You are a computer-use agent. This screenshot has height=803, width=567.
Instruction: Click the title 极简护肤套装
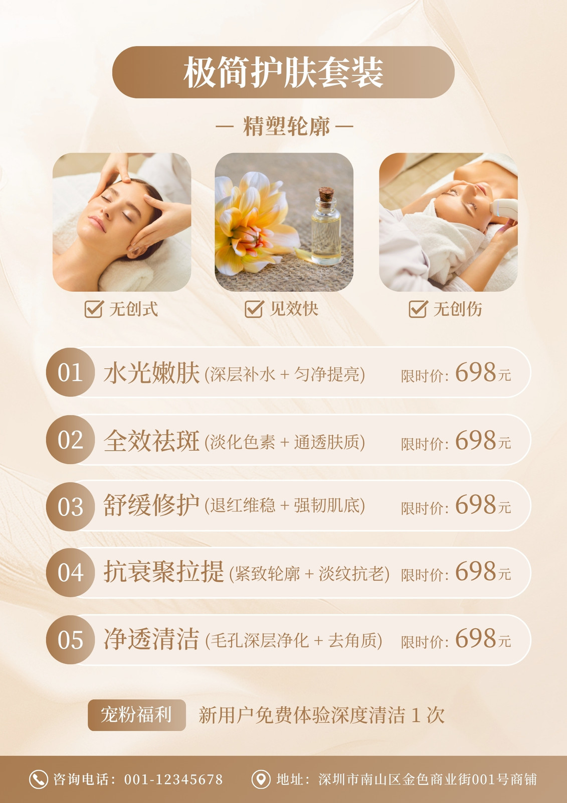[x=283, y=72]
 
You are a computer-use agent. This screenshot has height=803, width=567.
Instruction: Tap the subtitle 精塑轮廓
[x=286, y=126]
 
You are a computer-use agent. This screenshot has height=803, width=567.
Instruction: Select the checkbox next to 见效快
[x=254, y=309]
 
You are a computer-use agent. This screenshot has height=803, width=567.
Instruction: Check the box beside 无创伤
[x=418, y=309]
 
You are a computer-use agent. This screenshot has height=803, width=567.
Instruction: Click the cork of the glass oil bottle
[x=326, y=194]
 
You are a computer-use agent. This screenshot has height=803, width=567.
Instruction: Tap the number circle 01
[x=71, y=372]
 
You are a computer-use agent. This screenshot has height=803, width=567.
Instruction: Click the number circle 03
[x=71, y=506]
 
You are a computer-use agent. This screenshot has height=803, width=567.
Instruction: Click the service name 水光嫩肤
[x=151, y=373]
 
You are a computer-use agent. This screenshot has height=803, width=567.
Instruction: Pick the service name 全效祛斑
[x=151, y=441]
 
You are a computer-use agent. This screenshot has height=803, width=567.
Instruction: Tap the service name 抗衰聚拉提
[x=164, y=572]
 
